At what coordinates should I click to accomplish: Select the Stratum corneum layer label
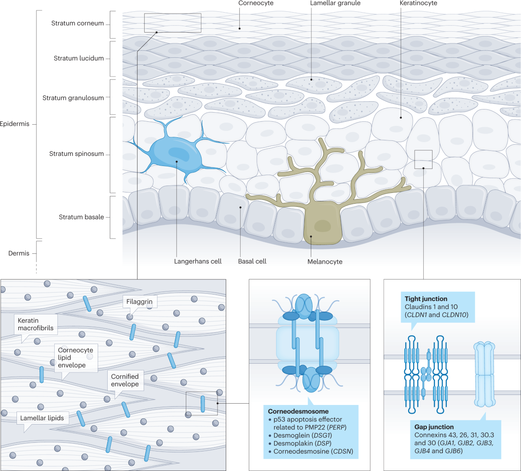pos(78,23)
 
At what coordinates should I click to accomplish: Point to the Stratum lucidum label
pos(79,58)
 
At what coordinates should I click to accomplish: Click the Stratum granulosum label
pos(73,98)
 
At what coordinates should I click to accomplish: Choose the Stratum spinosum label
pos(76,154)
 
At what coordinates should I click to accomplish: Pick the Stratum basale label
pos(82,217)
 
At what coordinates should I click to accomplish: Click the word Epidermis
pos(15,124)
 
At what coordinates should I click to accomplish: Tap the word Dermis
pos(19,253)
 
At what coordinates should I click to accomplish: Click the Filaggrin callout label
pos(140,301)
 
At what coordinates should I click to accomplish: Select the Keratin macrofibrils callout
pos(36,324)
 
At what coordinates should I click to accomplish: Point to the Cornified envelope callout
pos(125,380)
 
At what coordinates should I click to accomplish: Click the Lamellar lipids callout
pos(42,418)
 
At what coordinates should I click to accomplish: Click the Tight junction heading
pos(426,299)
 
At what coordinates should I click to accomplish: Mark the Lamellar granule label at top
pos(335,3)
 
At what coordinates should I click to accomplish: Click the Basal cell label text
pos(252,262)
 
